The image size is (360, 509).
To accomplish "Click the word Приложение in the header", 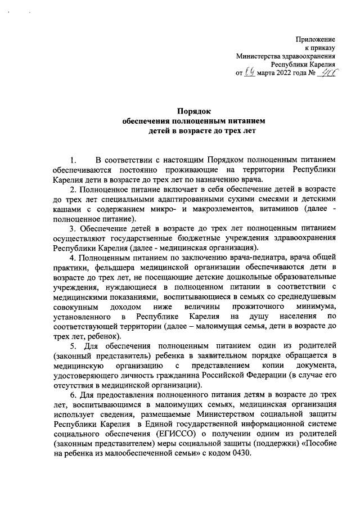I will pyautogui.click(x=316, y=39).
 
